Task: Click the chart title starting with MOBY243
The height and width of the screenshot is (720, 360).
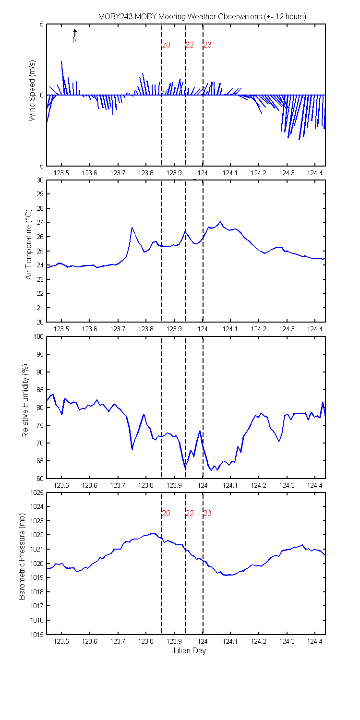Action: [x=202, y=16]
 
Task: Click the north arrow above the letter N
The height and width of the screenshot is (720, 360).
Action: [x=75, y=33]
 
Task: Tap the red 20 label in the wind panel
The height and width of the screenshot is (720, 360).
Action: [x=166, y=45]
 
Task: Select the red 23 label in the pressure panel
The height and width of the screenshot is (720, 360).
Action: [x=207, y=513]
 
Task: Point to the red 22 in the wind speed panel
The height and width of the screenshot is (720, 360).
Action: [x=190, y=45]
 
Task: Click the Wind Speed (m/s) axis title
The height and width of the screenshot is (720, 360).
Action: [x=32, y=91]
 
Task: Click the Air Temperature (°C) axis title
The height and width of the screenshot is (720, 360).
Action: [x=29, y=245]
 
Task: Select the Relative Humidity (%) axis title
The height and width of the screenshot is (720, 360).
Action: [x=25, y=401]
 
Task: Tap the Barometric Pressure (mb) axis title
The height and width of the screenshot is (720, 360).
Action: [x=22, y=557]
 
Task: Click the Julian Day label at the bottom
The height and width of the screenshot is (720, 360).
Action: [x=189, y=651]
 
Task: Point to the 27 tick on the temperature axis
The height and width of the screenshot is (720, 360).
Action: [x=40, y=222]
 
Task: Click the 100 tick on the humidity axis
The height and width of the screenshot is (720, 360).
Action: [x=38, y=336]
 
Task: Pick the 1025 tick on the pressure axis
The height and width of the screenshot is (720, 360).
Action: [x=36, y=493]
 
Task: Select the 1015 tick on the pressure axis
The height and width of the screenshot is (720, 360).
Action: [x=36, y=635]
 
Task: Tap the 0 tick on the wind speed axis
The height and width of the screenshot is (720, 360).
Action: [x=42, y=95]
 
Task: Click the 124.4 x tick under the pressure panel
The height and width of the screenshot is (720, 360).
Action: [x=315, y=642]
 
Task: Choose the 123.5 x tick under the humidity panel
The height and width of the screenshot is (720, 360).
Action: [x=61, y=485]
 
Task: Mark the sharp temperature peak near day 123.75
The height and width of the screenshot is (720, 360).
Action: [x=132, y=228]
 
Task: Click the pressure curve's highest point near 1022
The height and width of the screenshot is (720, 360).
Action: [x=153, y=533]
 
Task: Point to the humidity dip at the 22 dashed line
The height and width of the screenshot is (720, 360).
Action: [x=185, y=467]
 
